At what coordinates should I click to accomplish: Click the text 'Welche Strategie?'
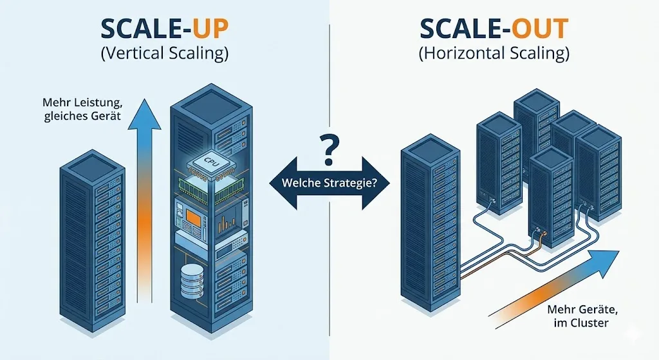[329, 183]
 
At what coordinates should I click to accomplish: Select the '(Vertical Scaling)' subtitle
[165, 55]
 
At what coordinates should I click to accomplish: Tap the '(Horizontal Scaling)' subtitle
[494, 55]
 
